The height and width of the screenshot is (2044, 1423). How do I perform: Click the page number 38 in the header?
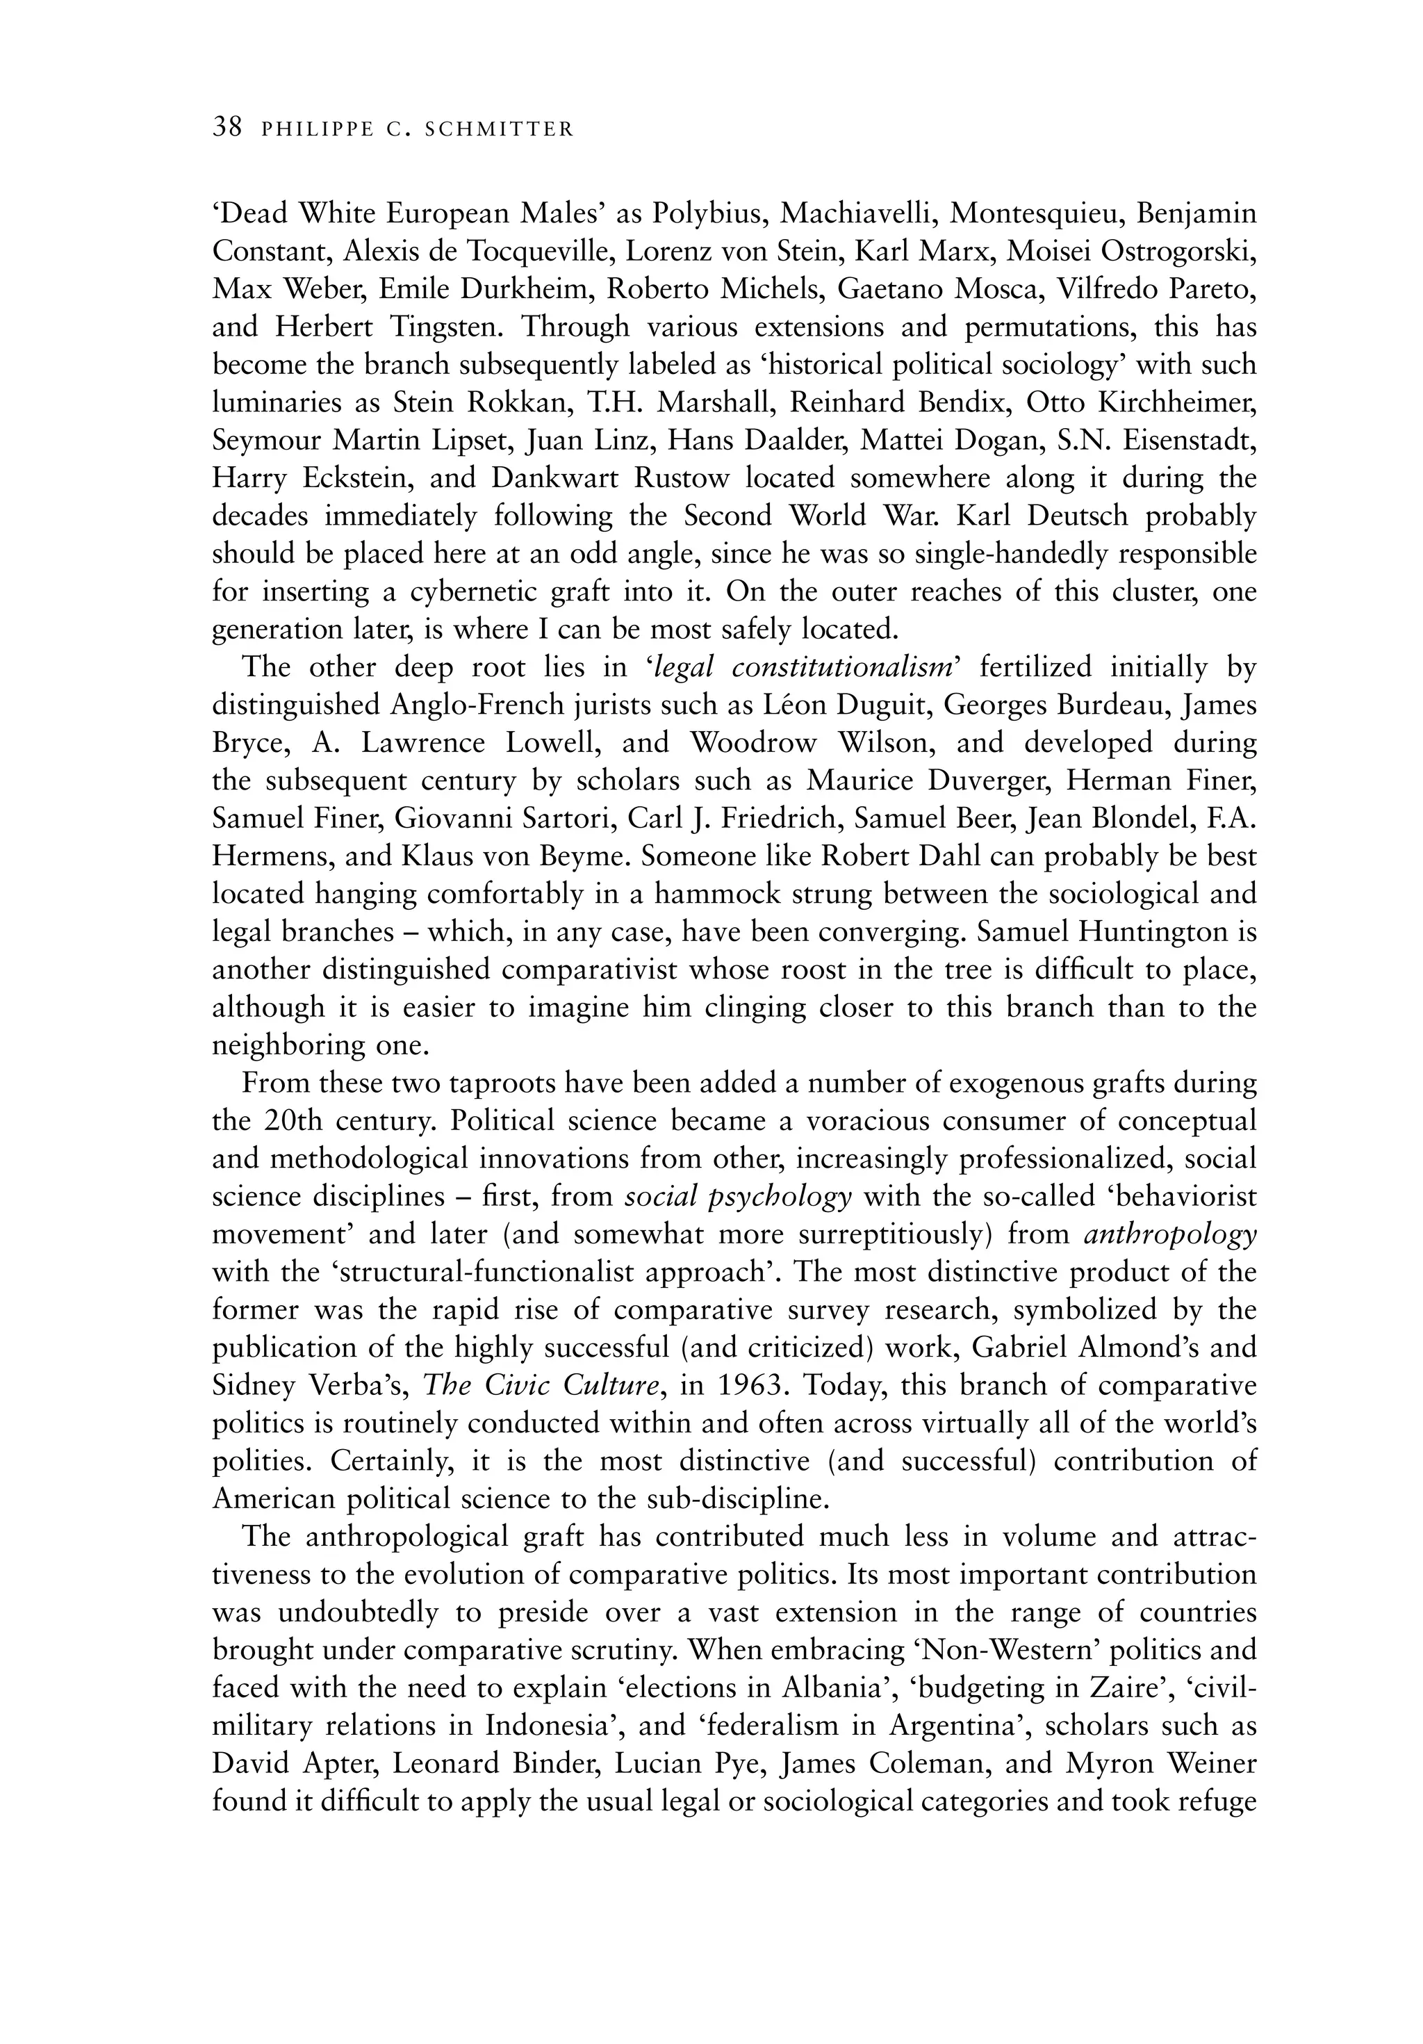pos(227,127)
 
